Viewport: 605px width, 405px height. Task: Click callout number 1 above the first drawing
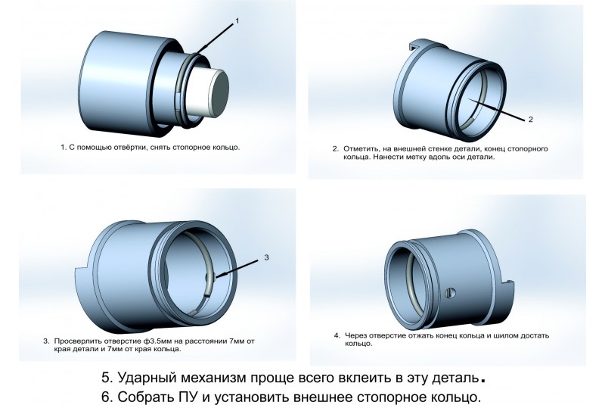click(237, 21)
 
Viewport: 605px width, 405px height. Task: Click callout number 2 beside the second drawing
click(531, 120)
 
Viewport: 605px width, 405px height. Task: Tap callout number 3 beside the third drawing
click(267, 257)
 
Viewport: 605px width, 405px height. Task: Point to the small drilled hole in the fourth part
click(450, 293)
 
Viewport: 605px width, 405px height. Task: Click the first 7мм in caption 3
click(237, 341)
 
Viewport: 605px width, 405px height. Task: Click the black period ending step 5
click(482, 381)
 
